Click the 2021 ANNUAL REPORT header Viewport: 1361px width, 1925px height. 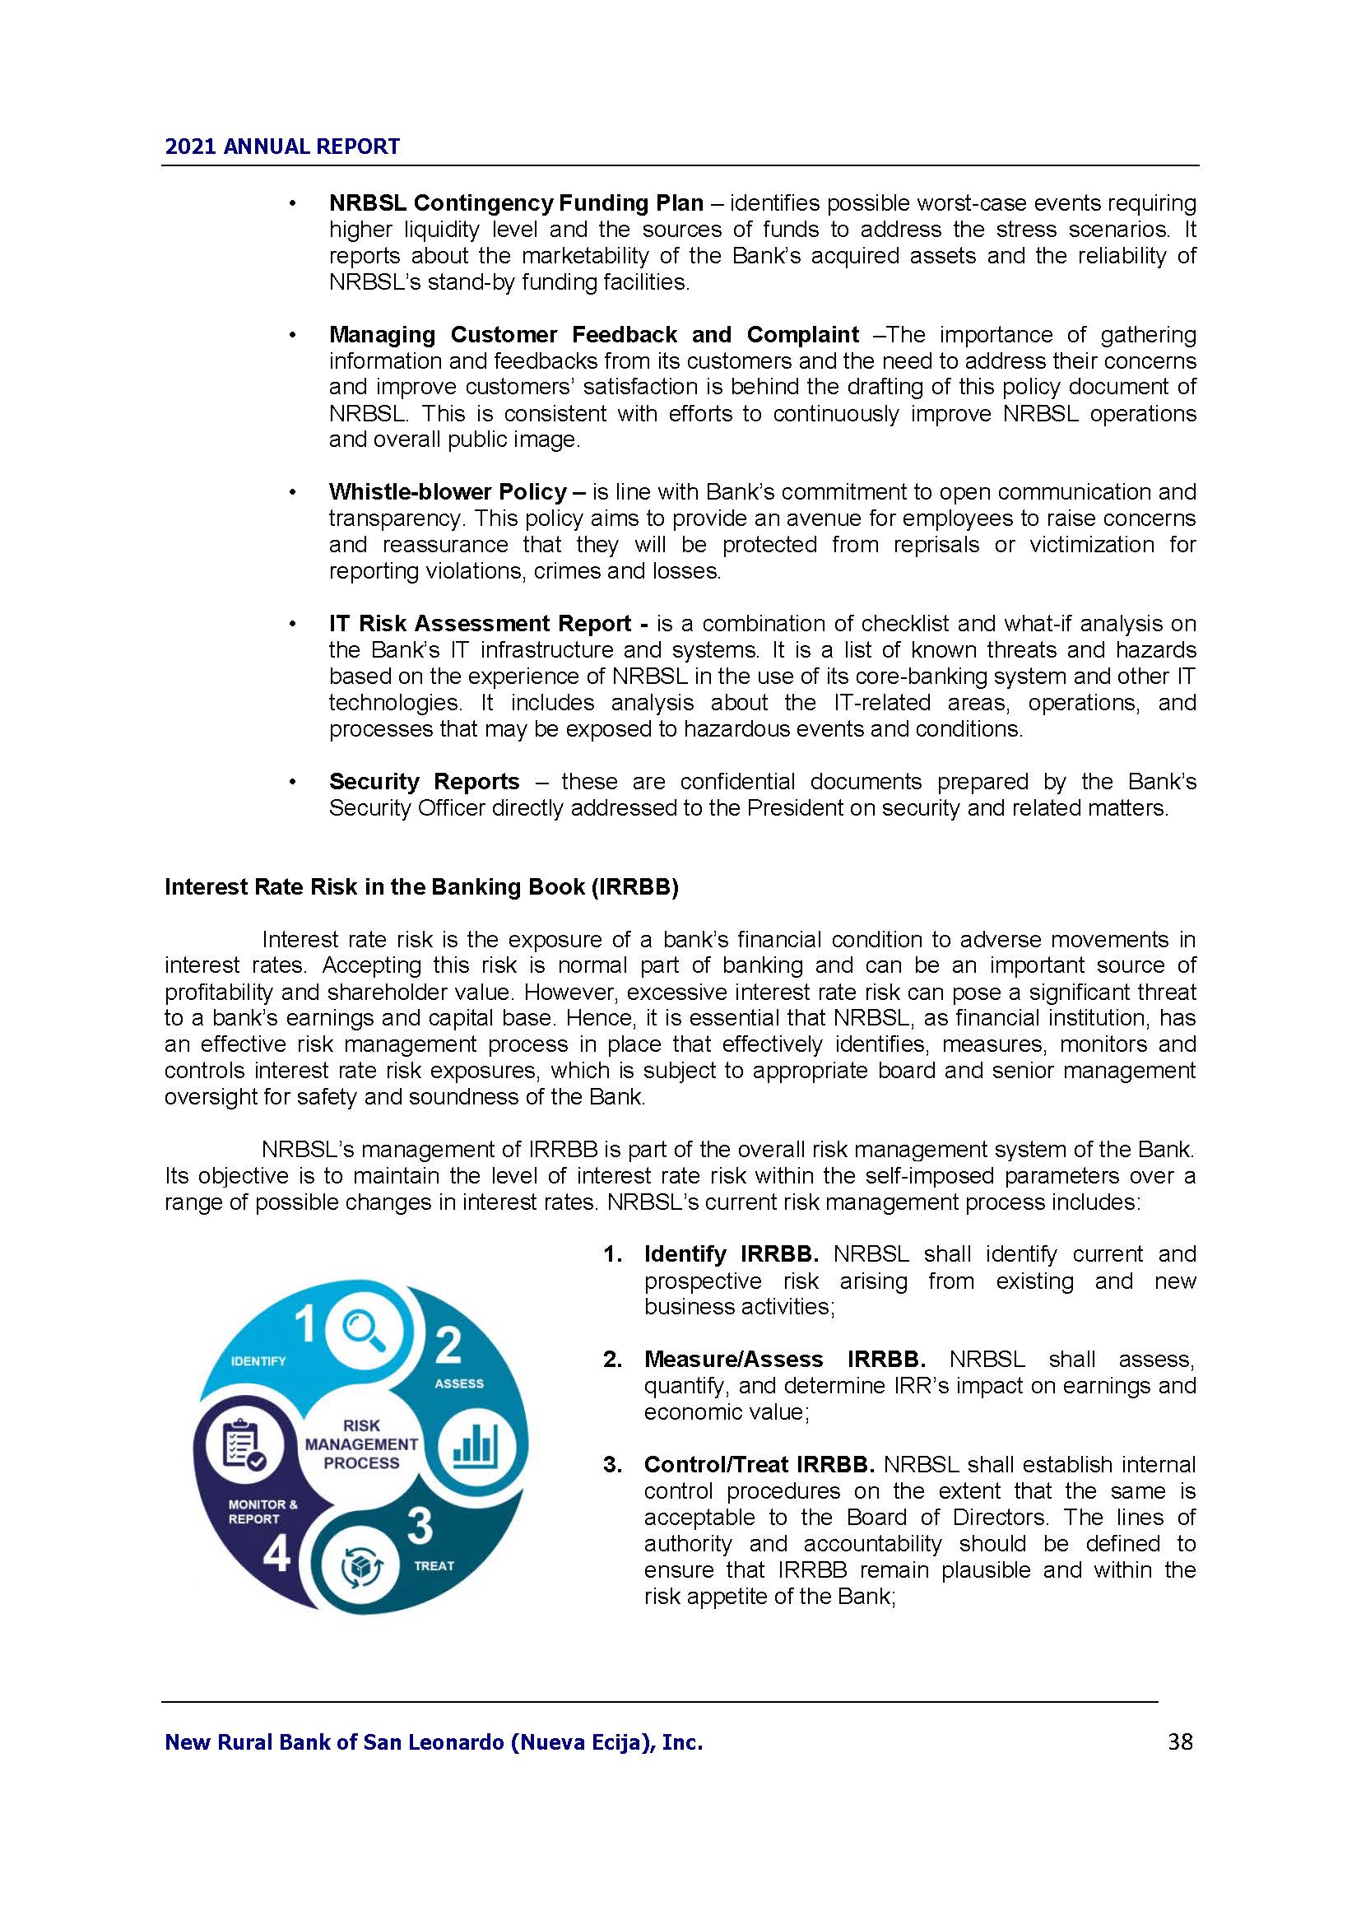tap(281, 146)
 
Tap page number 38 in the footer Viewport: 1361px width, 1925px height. tap(1180, 1742)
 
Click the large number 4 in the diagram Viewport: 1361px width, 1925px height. tap(276, 1555)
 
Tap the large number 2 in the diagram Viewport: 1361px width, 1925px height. tap(448, 1345)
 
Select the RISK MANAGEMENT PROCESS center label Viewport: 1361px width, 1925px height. tap(361, 1444)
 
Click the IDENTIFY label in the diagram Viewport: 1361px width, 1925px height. tap(258, 1360)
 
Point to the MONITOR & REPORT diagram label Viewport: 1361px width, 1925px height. tap(262, 1512)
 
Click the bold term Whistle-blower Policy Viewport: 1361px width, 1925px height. tap(448, 491)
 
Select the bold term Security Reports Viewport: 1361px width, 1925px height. tap(424, 781)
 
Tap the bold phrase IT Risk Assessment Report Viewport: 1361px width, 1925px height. tap(481, 624)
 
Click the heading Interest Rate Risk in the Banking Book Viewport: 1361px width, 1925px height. tap(420, 888)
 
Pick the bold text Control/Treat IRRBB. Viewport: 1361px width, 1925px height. tap(759, 1465)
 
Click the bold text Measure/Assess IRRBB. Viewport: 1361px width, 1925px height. tap(784, 1359)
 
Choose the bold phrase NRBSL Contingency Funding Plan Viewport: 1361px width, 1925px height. tap(515, 203)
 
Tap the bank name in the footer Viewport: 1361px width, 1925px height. tap(434, 1743)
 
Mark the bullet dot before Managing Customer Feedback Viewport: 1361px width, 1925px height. tap(291, 335)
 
